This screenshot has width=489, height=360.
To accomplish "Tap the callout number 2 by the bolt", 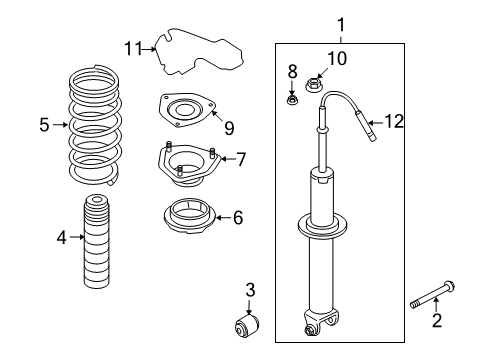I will (436, 320).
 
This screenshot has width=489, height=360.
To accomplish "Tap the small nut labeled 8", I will (294, 98).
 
